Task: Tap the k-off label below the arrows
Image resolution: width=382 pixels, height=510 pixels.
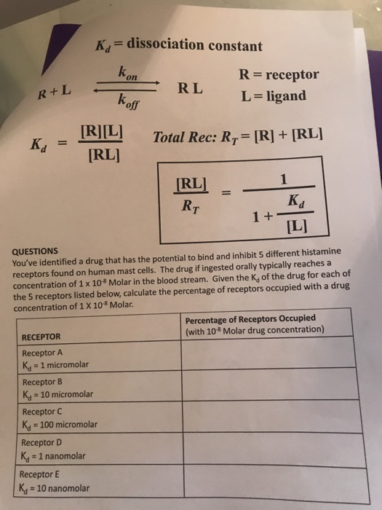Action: click(x=132, y=104)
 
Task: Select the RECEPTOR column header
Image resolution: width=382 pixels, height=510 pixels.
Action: click(x=41, y=336)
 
